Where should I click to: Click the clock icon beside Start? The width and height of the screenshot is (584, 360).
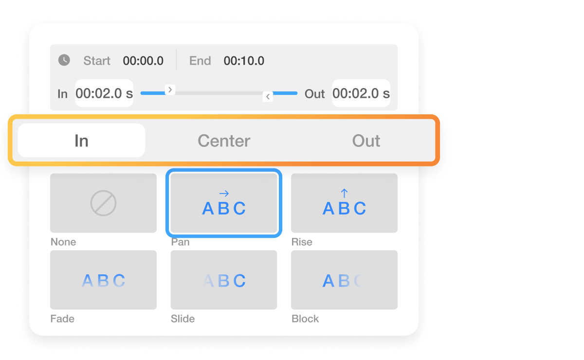point(64,60)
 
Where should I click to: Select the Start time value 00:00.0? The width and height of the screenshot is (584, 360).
point(143,61)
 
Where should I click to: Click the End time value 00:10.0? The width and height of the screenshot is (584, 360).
point(244,61)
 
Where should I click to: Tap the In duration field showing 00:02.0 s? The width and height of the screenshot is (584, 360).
point(104,93)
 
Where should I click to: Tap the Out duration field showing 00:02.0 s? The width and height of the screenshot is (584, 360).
point(361,93)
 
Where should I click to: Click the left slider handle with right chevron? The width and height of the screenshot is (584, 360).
point(170,90)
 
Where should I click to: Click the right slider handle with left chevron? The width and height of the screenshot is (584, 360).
point(268,96)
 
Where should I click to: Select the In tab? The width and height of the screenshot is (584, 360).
point(81,141)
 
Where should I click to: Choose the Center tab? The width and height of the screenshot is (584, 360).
point(224,141)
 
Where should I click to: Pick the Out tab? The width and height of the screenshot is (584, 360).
point(366,141)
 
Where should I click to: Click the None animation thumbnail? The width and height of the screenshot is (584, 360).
point(103,203)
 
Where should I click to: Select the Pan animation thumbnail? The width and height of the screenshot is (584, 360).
point(224,203)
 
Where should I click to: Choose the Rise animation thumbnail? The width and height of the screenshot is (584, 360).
point(344,203)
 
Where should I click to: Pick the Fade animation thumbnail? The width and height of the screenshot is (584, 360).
point(103,280)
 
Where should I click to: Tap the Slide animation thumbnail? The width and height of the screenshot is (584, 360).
point(224,280)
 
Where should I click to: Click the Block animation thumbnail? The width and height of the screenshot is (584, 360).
point(344,280)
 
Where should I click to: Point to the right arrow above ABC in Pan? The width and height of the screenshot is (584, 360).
point(224,194)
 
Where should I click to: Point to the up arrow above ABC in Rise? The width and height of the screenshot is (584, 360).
point(344,193)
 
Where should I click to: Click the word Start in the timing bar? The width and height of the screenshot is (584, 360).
point(97,61)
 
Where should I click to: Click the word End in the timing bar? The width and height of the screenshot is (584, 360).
point(200,61)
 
